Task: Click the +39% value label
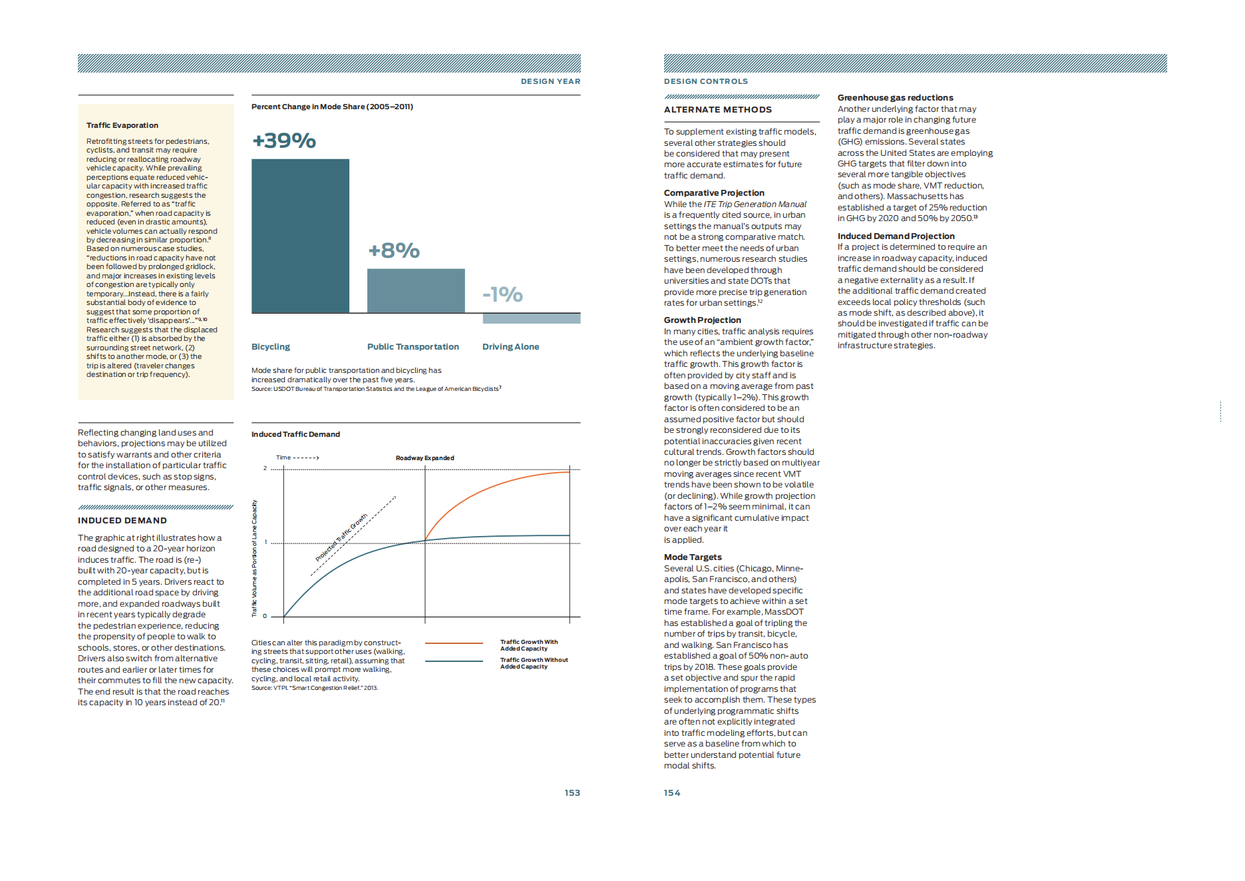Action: [x=284, y=141]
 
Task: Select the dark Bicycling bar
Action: [x=300, y=236]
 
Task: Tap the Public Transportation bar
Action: [x=416, y=290]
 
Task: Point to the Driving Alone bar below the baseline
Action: [x=531, y=318]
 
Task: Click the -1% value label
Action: [x=502, y=294]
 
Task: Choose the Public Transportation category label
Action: [x=413, y=347]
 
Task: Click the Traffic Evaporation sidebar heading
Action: [x=122, y=125]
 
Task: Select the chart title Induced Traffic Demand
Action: [x=295, y=434]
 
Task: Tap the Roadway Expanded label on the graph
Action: [x=425, y=458]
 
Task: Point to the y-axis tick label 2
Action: [x=265, y=468]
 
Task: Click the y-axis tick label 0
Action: [x=265, y=616]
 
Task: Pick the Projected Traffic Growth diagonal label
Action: [x=341, y=537]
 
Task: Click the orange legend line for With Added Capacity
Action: [x=454, y=643]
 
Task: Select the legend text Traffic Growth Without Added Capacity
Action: [x=534, y=663]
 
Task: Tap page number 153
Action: [x=572, y=793]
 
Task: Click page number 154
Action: [x=672, y=793]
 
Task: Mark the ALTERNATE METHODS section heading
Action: [x=718, y=110]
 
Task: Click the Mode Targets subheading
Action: [x=693, y=557]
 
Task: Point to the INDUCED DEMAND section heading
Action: [x=122, y=521]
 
